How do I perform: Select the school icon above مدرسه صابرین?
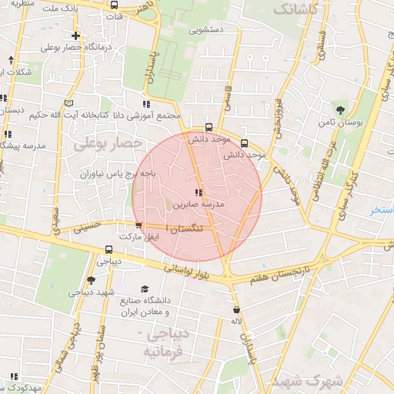pos(199,192)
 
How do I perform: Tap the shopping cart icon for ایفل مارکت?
pos(139,225)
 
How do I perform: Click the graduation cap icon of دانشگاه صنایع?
pos(145,289)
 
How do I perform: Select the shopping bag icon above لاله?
pos(236,309)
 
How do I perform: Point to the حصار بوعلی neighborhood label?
pos(107,144)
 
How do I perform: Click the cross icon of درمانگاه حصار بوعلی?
pos(75,35)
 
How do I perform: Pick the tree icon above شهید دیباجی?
pos(91,280)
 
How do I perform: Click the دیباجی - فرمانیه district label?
pos(163,342)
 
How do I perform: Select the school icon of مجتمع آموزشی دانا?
pos(146,103)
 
